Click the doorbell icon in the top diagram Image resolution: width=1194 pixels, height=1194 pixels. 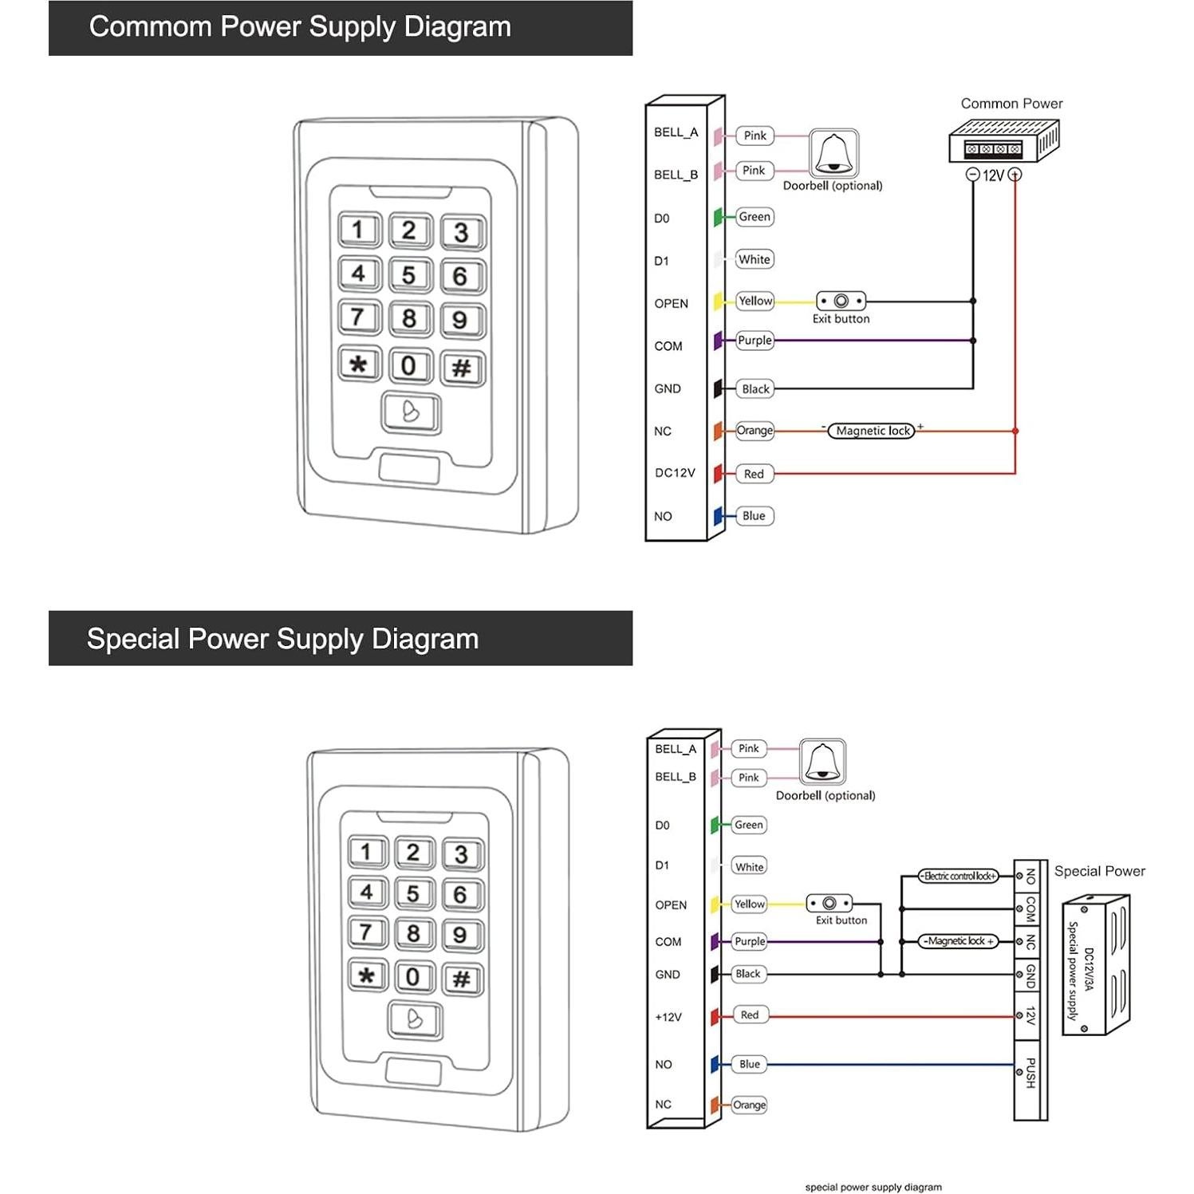pos(833,153)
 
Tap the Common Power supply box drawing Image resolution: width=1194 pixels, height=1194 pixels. pos(1003,140)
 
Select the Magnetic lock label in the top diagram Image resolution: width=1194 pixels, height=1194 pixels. pos(872,431)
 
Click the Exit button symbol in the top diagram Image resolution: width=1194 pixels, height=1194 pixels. pos(841,301)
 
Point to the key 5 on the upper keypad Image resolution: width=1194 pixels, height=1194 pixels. pos(409,275)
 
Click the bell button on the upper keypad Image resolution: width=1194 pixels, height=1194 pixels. pos(411,412)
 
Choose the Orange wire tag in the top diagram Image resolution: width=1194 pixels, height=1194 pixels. pos(755,431)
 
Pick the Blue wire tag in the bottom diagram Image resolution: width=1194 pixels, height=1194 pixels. pos(749,1064)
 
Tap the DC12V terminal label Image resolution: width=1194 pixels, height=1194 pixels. pos(675,473)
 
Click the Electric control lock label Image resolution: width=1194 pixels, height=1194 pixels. pos(958,876)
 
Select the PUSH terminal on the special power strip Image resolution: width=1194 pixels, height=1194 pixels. pos(1030,1073)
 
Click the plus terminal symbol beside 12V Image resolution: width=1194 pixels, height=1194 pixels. pos(1015,175)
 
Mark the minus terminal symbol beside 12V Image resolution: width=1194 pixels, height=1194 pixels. pos(972,175)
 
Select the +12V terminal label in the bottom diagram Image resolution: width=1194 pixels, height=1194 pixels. pos(668,1017)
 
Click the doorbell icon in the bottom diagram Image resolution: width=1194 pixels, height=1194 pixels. pos(822,762)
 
